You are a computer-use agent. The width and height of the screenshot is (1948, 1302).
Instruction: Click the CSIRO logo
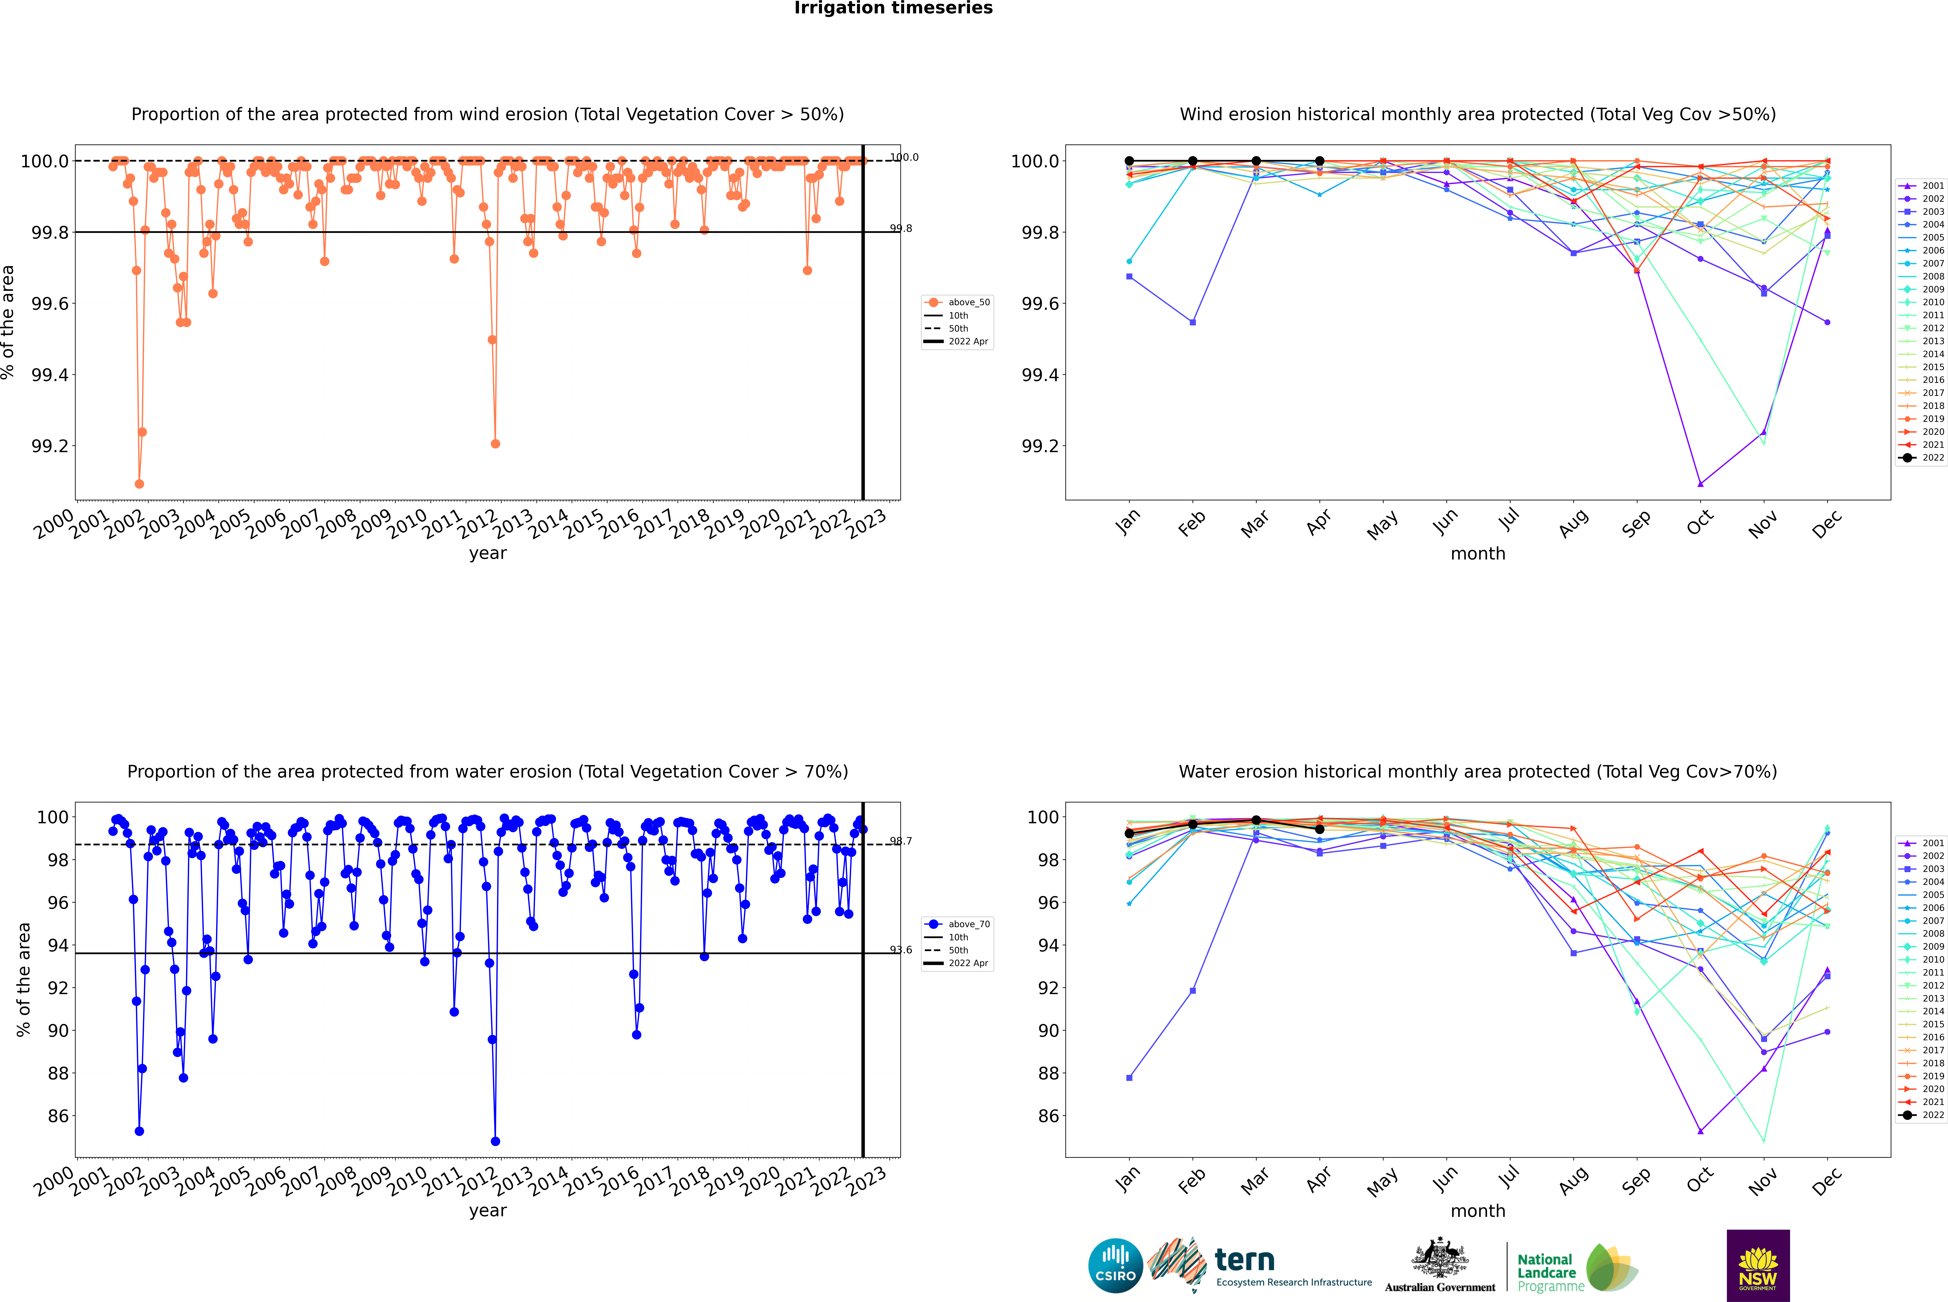(x=1115, y=1266)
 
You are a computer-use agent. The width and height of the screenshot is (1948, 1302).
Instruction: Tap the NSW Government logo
(x=1758, y=1266)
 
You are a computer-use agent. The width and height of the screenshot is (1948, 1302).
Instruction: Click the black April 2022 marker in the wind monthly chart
(x=1319, y=161)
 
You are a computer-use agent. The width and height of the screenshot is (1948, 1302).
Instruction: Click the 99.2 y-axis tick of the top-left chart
(x=50, y=446)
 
